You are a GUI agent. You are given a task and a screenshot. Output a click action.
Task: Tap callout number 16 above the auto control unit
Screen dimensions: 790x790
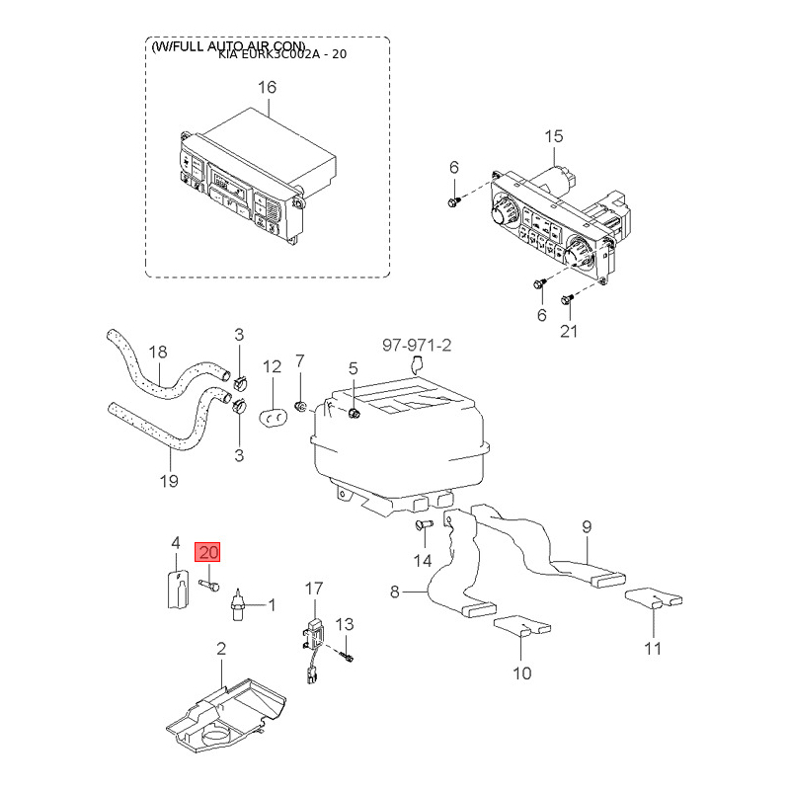tap(268, 88)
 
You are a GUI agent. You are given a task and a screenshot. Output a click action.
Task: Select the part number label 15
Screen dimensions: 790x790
tap(553, 135)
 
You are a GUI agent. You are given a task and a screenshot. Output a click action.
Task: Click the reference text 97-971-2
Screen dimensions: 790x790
tap(417, 345)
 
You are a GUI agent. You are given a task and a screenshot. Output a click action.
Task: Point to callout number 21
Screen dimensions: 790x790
tap(569, 332)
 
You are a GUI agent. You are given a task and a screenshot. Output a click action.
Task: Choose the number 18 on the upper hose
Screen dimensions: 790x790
tap(158, 353)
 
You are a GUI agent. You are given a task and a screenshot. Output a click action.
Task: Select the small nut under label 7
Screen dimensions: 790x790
tap(300, 406)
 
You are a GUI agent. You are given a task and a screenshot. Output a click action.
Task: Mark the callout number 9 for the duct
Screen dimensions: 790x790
tap(586, 526)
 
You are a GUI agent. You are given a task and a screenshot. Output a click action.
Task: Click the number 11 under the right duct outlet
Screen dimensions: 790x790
tap(653, 649)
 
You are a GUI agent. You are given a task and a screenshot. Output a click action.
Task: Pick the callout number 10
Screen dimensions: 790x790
tap(521, 673)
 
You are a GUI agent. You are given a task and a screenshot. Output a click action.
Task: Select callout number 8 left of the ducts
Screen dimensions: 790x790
tap(395, 592)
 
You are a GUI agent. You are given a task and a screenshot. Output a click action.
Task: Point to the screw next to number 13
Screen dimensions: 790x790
tap(347, 652)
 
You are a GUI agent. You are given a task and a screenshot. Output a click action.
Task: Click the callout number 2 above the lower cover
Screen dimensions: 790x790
tap(221, 649)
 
